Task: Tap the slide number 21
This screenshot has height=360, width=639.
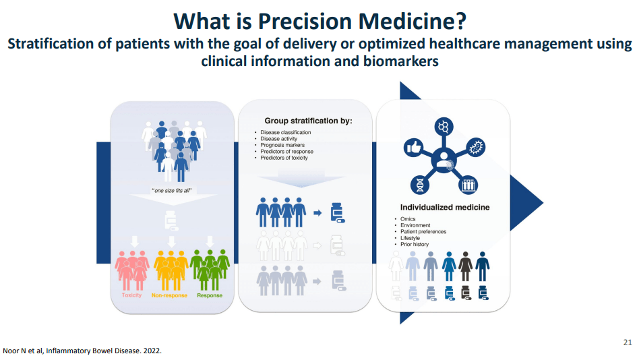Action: point(627,342)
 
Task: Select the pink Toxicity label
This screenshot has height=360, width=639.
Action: point(131,295)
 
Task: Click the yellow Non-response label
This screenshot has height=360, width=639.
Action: point(170,295)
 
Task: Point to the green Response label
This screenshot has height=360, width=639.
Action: point(210,295)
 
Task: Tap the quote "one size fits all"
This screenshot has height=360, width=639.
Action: point(172,190)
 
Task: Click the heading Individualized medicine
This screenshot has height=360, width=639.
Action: point(445,207)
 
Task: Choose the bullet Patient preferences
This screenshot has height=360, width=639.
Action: point(423,232)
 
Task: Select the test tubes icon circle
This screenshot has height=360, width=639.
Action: point(468,184)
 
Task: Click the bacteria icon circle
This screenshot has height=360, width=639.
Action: point(476,146)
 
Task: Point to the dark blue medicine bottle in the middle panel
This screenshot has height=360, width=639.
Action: point(337,212)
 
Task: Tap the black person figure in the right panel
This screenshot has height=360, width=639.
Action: point(464,266)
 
